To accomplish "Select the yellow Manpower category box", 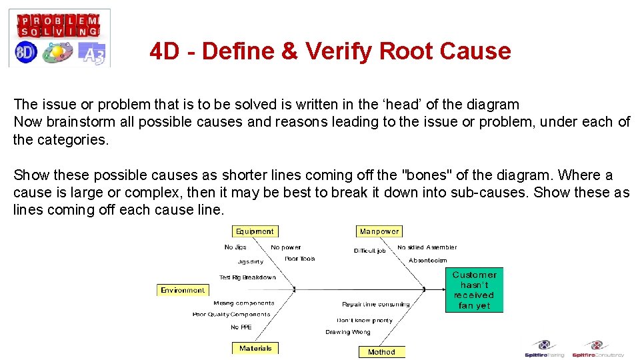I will click(379, 231).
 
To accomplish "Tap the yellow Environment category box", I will click(183, 290).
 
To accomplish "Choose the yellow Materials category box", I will click(255, 348).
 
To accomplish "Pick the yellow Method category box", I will click(381, 352).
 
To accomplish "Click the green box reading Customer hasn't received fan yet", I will click(474, 290).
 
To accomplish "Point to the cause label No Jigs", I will click(236, 247).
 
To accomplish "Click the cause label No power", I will click(285, 247).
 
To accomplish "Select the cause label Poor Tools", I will click(299, 259).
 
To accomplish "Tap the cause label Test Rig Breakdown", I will click(247, 277).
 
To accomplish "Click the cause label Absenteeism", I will click(427, 260).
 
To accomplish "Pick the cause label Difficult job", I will click(369, 251).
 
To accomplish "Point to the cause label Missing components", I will click(243, 303).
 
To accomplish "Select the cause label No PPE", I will click(241, 327).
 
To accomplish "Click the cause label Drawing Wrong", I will click(347, 332).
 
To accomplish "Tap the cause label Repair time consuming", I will click(376, 305).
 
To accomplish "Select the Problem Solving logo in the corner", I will click(59, 38).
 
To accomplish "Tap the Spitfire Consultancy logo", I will click(597, 349).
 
